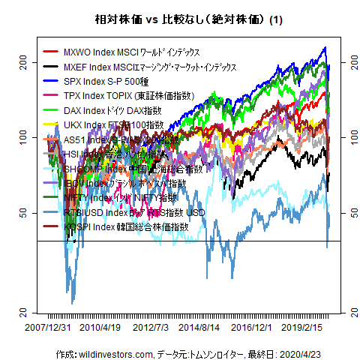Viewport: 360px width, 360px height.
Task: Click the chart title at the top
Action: coord(179,20)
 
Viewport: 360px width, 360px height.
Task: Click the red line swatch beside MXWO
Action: coord(52,52)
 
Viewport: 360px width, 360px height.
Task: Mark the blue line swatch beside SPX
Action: coord(52,81)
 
